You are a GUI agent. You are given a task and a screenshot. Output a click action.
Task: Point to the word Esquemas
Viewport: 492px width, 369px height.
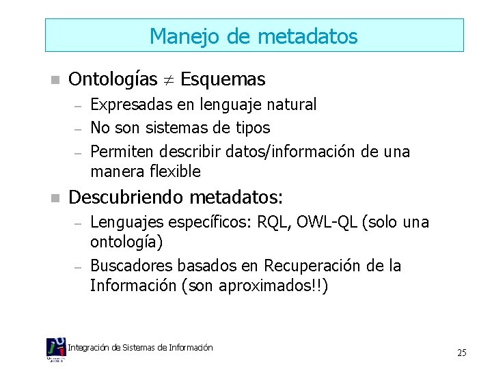tap(223, 80)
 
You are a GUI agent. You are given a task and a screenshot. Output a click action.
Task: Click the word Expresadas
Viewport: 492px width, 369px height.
tap(127, 105)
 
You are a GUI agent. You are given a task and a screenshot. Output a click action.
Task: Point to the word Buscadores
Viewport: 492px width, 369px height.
tap(127, 265)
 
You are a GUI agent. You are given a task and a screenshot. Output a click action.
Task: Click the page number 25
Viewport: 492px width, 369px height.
tap(461, 353)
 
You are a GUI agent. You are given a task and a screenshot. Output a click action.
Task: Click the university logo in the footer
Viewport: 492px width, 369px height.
tap(56, 349)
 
